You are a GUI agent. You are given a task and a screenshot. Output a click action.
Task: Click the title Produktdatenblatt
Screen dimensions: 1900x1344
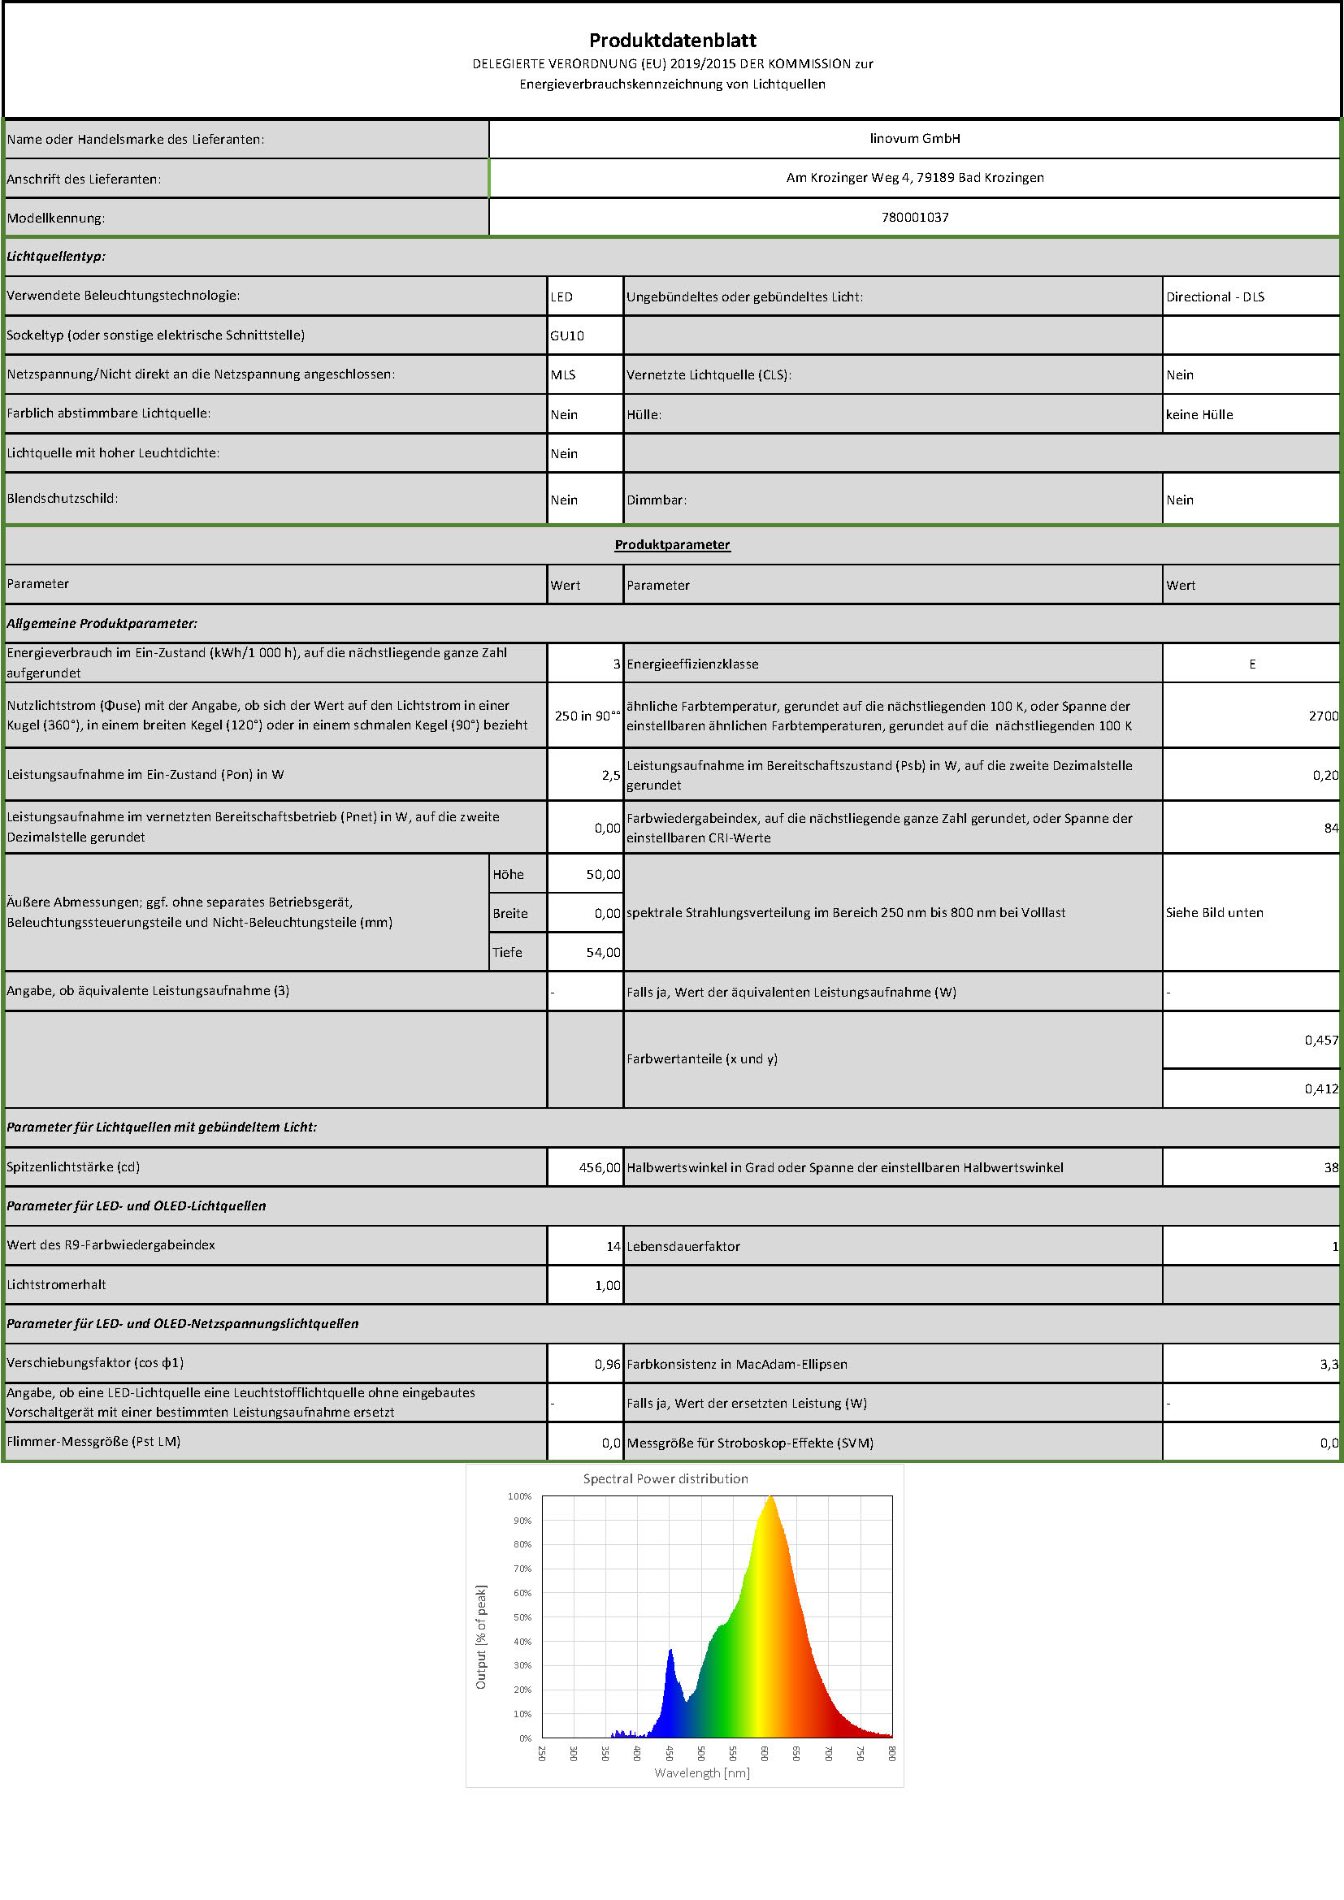click(x=672, y=40)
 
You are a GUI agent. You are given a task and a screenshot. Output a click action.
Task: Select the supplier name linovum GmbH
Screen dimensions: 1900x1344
click(x=914, y=138)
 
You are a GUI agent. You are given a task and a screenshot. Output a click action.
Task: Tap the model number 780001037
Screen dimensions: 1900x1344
click(x=914, y=217)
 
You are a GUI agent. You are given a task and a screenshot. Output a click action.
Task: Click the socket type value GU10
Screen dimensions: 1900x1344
click(x=567, y=335)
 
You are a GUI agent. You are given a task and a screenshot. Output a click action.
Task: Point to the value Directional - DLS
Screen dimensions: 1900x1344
click(x=1215, y=296)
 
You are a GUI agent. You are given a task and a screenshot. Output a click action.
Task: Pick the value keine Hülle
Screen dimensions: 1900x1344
click(x=1199, y=414)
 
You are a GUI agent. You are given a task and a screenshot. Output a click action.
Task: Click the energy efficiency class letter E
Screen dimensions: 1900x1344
click(x=1252, y=664)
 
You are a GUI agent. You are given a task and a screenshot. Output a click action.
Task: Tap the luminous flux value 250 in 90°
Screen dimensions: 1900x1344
click(x=586, y=716)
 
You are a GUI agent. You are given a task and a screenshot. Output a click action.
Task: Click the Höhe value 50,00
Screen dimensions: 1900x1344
click(x=602, y=874)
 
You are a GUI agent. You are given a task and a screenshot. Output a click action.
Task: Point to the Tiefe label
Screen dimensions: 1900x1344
click(x=507, y=953)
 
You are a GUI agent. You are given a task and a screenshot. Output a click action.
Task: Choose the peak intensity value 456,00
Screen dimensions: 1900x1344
click(x=599, y=1167)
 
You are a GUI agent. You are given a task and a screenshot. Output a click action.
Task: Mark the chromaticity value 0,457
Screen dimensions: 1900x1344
click(x=1320, y=1041)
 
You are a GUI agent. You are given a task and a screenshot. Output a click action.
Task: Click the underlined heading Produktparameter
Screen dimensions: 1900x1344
click(x=672, y=544)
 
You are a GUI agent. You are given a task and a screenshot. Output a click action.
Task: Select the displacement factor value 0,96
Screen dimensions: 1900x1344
click(x=607, y=1364)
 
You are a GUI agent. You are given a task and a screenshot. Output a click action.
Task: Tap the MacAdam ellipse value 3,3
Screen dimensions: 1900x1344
click(x=1329, y=1364)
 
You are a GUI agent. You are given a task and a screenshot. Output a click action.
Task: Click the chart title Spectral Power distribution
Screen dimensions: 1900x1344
click(x=665, y=1478)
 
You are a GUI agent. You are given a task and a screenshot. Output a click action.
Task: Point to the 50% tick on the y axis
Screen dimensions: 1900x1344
click(x=522, y=1617)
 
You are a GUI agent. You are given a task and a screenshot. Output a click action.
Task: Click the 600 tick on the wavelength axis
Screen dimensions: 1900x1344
click(x=765, y=1752)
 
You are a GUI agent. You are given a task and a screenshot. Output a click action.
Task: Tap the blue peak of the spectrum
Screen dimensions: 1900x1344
click(x=670, y=1651)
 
